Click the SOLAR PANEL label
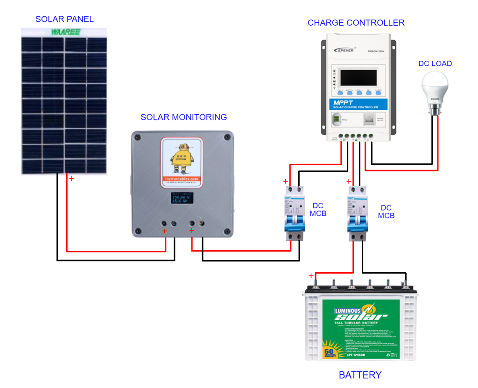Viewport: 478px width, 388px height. [x=64, y=19]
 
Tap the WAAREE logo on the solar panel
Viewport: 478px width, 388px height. [x=66, y=32]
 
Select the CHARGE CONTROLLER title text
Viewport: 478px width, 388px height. [x=356, y=23]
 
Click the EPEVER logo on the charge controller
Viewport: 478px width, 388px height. [x=345, y=50]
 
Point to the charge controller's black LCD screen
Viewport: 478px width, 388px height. [x=358, y=77]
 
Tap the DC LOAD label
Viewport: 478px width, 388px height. [x=435, y=63]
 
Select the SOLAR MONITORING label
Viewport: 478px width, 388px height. [x=183, y=117]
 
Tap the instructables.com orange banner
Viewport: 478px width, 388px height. [x=182, y=179]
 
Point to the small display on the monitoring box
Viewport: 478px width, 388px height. [x=182, y=198]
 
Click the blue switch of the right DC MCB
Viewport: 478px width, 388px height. [x=357, y=218]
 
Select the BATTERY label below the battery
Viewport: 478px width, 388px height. [x=360, y=375]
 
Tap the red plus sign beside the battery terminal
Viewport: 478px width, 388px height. [x=311, y=276]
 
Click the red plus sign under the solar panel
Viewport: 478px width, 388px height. [x=71, y=178]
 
